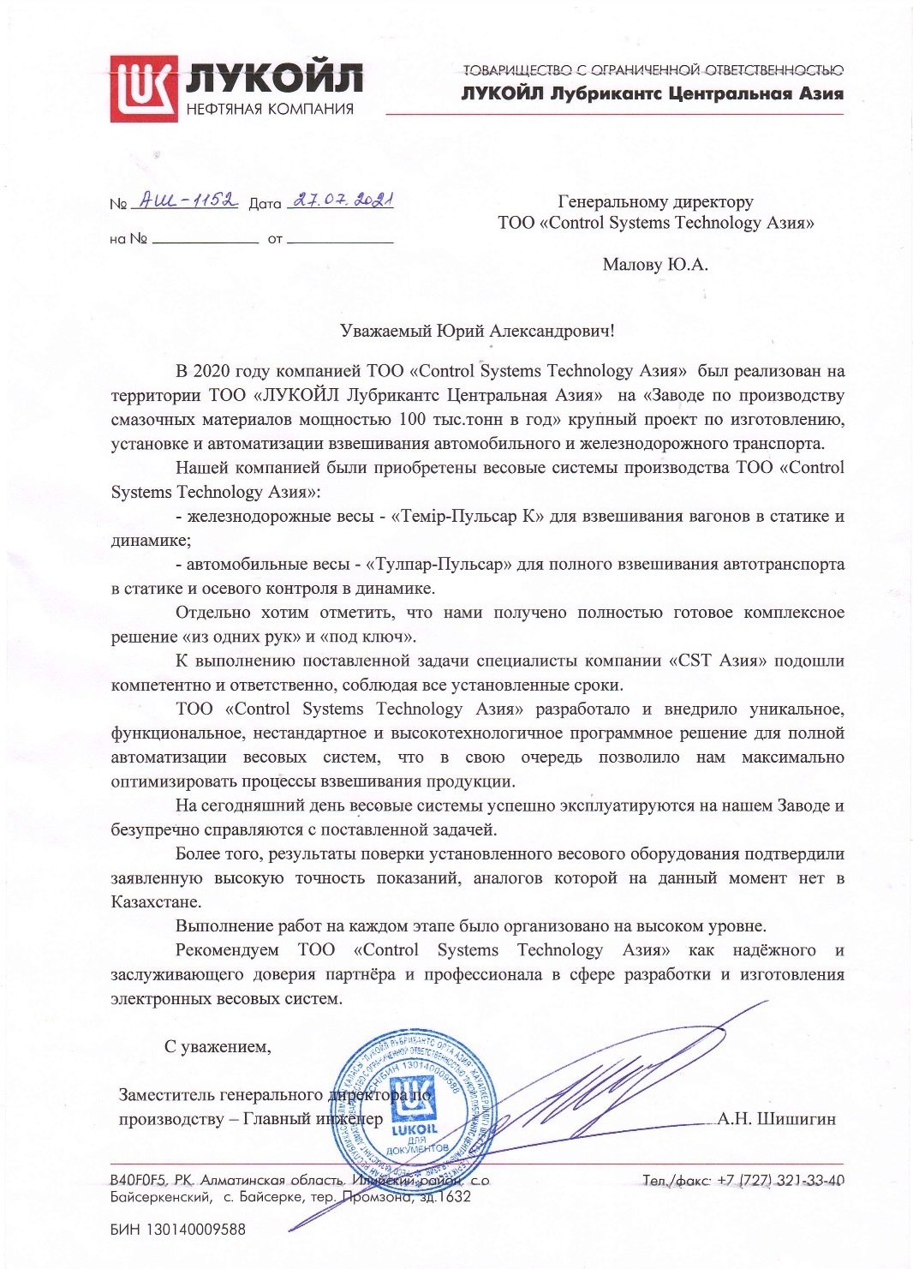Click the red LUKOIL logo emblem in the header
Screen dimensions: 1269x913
tap(143, 87)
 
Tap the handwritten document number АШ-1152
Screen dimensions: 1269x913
tap(183, 202)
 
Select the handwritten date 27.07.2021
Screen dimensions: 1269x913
tap(341, 201)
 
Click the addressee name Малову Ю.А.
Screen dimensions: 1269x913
tap(655, 265)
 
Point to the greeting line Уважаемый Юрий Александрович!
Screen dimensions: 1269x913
tap(477, 331)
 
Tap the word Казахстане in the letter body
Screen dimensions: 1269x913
tap(157, 902)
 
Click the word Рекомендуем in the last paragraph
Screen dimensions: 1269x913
tap(227, 950)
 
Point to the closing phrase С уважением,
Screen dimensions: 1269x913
tap(218, 1046)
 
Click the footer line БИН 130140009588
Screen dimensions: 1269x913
tap(178, 1230)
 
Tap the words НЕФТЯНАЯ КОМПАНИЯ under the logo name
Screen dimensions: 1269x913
tap(270, 109)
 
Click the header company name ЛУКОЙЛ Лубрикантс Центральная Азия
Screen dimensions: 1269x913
tap(652, 93)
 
